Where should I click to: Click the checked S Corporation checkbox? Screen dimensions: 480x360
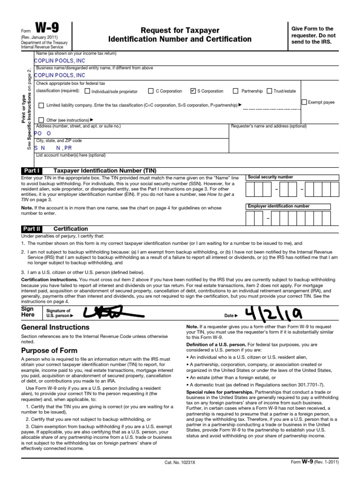point(193,91)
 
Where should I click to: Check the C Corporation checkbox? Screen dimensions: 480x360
point(150,91)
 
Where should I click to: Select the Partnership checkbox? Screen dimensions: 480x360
point(236,91)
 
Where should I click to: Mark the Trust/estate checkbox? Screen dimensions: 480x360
point(270,91)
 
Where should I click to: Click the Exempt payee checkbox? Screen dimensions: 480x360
point(304,102)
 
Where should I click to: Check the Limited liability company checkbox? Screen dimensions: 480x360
point(41,105)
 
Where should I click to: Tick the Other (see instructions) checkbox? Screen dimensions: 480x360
point(41,120)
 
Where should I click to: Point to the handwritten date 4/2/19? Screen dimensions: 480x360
point(272,313)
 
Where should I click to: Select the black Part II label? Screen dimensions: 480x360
point(32,229)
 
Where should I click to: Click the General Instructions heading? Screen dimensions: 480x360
point(55,327)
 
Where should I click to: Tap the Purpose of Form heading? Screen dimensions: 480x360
point(50,351)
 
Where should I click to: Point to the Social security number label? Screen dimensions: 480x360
point(270,177)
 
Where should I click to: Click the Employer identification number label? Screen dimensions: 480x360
point(278,206)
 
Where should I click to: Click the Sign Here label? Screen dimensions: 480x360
point(28,312)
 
